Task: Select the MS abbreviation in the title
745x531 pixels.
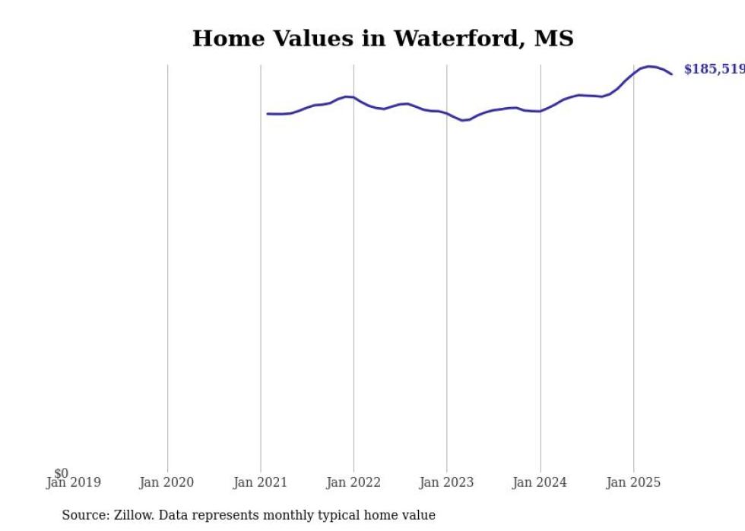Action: [554, 39]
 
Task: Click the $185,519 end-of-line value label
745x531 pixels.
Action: [714, 69]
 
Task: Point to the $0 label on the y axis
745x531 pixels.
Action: [61, 473]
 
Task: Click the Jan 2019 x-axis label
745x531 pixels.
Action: [73, 482]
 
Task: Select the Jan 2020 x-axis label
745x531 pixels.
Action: [166, 482]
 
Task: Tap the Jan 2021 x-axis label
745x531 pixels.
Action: [260, 482]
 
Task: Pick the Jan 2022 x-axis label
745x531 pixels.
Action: [353, 482]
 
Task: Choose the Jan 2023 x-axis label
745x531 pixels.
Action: [446, 482]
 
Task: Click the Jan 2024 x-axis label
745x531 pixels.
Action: [540, 482]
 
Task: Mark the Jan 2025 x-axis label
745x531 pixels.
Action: [633, 482]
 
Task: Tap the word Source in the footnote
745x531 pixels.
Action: [84, 515]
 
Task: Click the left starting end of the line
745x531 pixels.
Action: [268, 114]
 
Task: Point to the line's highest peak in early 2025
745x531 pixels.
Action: [648, 66]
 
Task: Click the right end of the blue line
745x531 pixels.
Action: [671, 74]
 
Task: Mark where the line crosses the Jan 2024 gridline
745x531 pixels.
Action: [541, 111]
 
